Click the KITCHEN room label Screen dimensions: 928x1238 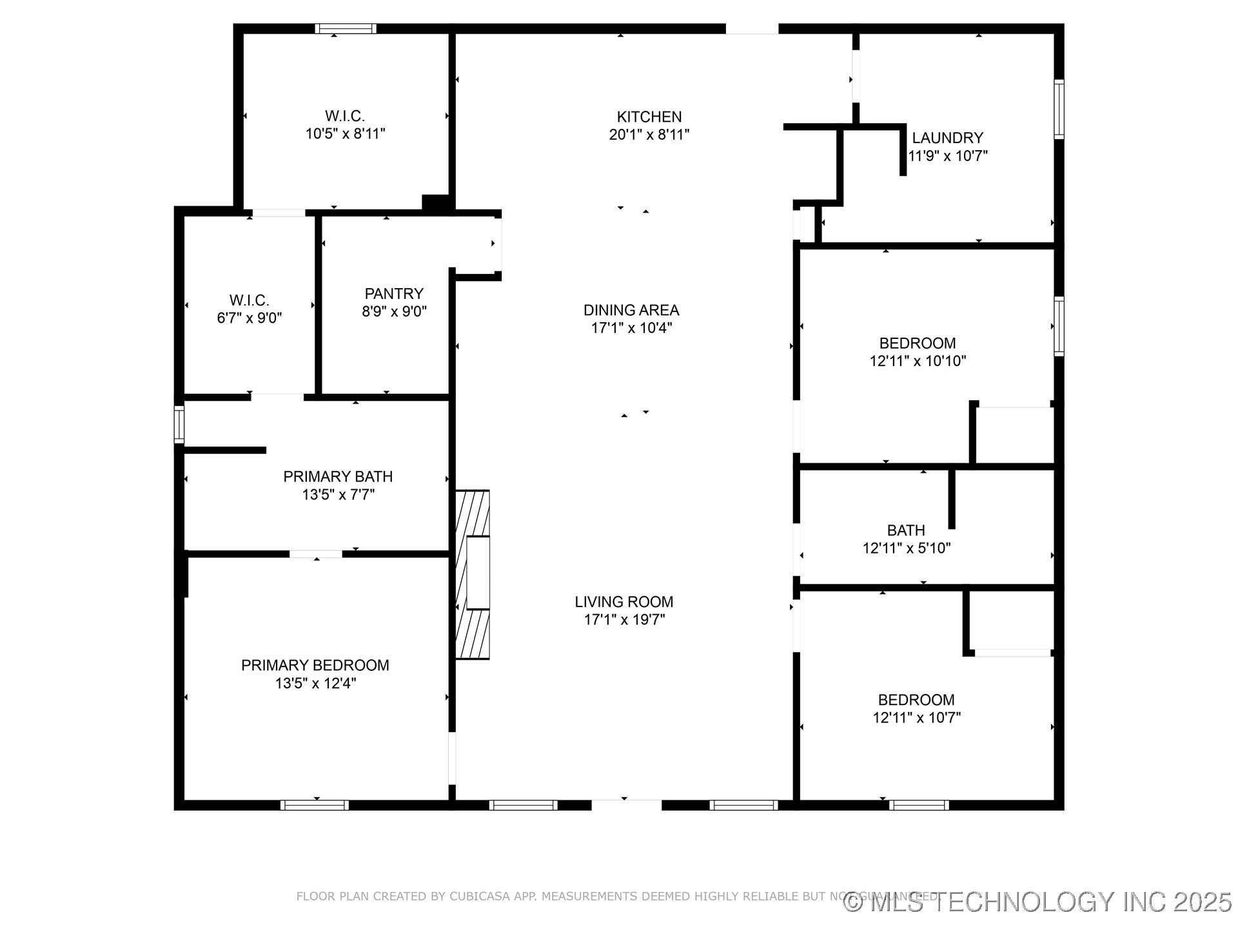point(649,117)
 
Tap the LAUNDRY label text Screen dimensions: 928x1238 point(947,138)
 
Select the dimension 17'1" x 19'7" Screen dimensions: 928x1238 point(624,620)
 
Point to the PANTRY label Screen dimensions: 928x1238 point(394,294)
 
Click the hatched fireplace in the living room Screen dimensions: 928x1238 point(473,574)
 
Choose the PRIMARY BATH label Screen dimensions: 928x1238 point(338,477)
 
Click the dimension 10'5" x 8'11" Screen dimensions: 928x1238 point(345,134)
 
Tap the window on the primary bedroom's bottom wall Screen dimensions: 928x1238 point(315,805)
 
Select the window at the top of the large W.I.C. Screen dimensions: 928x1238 point(346,28)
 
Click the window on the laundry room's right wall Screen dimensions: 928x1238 point(1059,109)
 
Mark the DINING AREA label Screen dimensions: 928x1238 point(631,310)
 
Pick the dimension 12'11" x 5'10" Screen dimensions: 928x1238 point(907,548)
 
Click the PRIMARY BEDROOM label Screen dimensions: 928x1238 point(315,666)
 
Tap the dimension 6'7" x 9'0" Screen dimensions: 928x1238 point(250,318)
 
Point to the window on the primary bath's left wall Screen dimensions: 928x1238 point(179,424)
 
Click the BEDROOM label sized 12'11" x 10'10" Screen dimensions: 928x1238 point(917,343)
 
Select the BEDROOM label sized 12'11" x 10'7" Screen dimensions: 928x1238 point(916,700)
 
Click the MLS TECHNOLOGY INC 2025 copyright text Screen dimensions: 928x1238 point(1038,902)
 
